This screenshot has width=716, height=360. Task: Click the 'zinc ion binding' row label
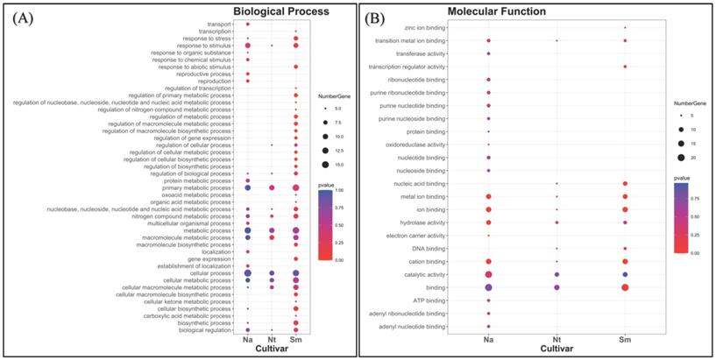click(x=428, y=28)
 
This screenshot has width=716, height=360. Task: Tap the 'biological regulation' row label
click(x=207, y=330)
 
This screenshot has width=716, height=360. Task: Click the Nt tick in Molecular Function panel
click(x=556, y=338)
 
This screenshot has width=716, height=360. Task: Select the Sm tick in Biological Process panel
click(x=296, y=339)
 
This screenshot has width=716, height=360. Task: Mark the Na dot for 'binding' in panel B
click(x=488, y=287)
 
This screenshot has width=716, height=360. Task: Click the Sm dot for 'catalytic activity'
click(x=624, y=274)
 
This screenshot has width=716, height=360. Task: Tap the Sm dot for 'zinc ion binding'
click(x=624, y=28)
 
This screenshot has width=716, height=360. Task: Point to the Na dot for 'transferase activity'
click(x=488, y=53)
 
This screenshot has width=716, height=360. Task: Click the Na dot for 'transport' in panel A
click(x=248, y=25)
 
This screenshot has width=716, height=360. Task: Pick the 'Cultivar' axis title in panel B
click(x=556, y=350)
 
